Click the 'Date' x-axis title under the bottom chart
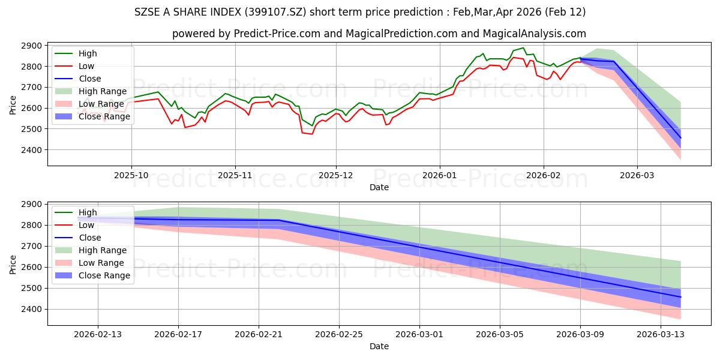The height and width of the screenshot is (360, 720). pos(379,346)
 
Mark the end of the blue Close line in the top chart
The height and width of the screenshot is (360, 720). pos(680,138)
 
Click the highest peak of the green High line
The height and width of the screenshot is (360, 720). pos(523,48)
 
